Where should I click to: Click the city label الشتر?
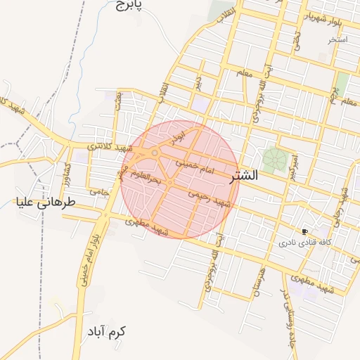coord(244,176)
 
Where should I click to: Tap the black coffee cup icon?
coord(304,231)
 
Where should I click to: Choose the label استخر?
coord(337,39)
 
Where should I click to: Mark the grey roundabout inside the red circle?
coord(155,153)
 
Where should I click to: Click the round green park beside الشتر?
coord(275,158)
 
